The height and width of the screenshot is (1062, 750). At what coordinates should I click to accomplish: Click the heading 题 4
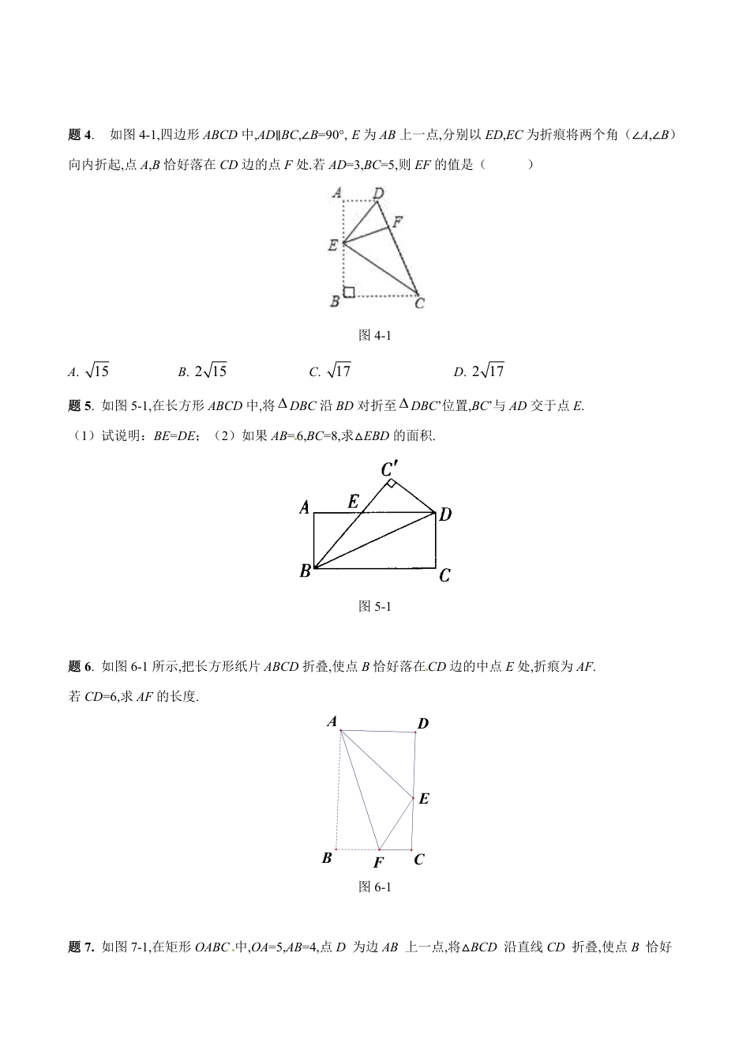click(x=82, y=135)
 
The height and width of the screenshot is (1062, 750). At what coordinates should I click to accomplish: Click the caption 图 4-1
click(x=375, y=335)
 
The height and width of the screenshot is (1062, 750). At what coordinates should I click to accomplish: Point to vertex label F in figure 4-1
click(x=399, y=222)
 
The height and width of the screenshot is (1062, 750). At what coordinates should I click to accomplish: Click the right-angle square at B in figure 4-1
click(x=349, y=292)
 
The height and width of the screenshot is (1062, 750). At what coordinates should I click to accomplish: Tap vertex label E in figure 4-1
click(x=333, y=245)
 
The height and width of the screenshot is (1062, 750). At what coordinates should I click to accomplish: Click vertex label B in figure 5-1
click(x=305, y=571)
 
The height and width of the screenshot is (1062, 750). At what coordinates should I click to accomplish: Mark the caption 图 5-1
click(x=375, y=606)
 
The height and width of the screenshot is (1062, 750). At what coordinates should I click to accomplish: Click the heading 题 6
click(x=82, y=667)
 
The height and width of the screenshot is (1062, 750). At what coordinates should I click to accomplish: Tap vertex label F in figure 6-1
click(x=378, y=863)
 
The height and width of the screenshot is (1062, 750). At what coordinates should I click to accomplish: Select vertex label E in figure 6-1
click(x=424, y=799)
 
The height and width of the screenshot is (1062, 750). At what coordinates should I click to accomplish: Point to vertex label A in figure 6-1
click(x=332, y=721)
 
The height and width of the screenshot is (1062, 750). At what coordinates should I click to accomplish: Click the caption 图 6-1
click(x=375, y=887)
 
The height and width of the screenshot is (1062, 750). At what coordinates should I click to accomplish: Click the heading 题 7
click(x=82, y=946)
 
